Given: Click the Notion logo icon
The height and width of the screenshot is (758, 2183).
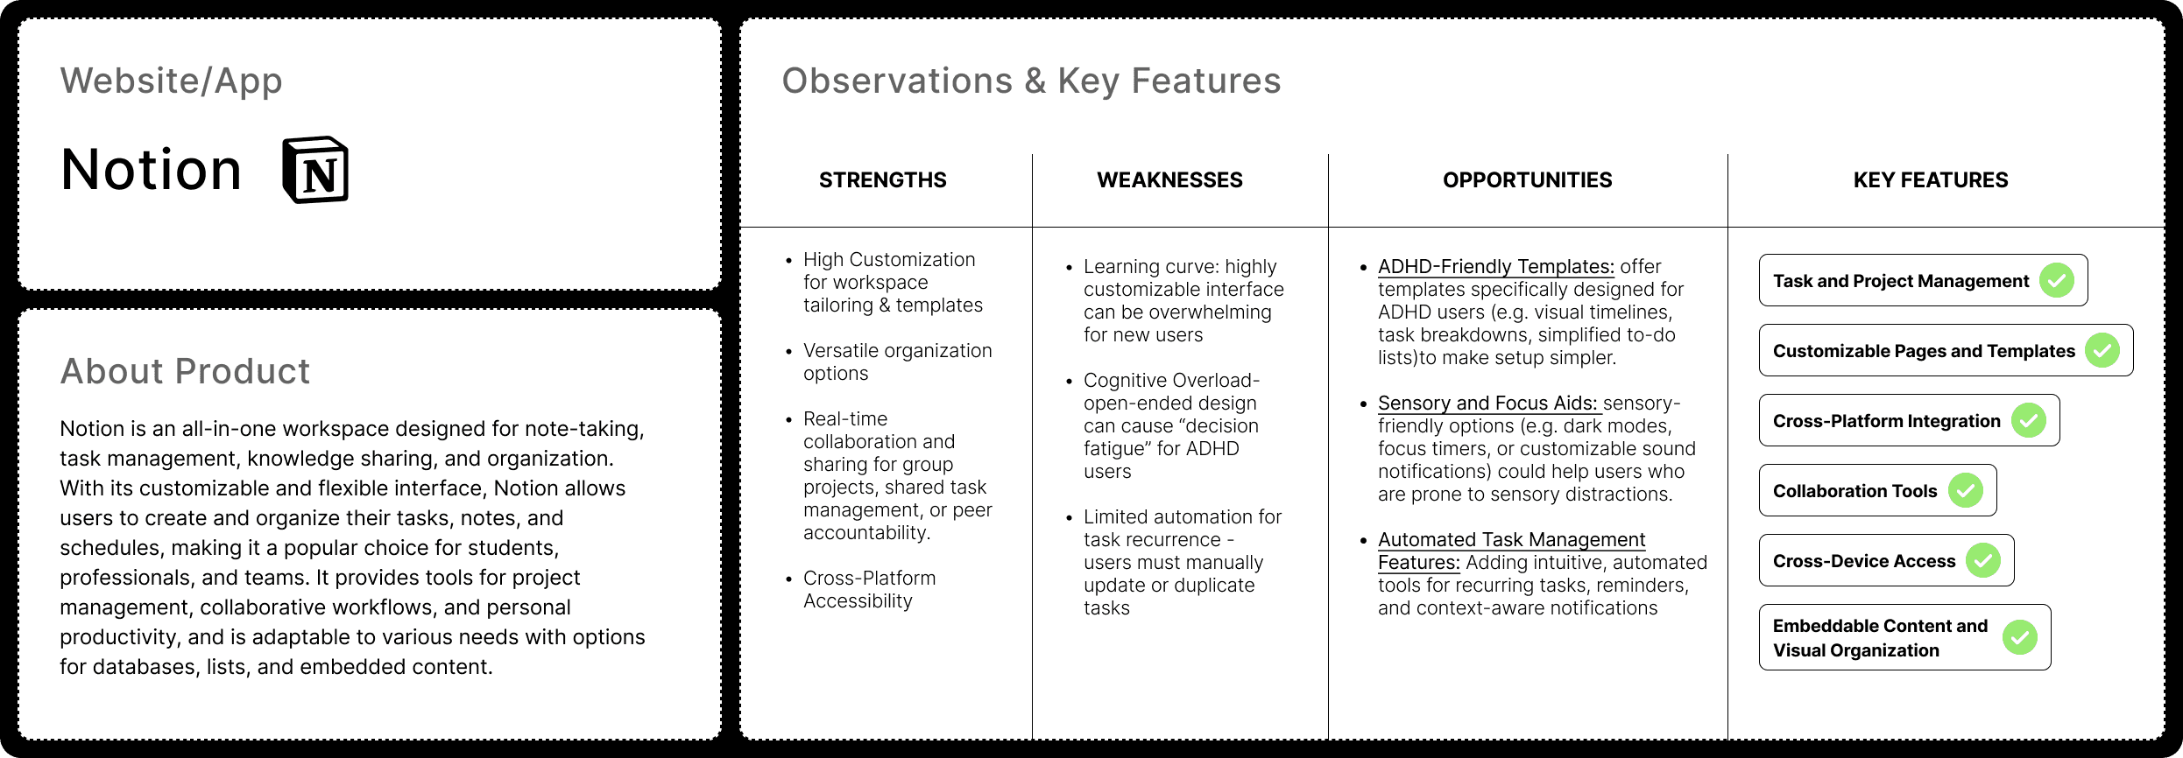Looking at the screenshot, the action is pos(315,170).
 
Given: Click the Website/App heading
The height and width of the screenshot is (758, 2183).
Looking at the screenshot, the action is pos(172,81).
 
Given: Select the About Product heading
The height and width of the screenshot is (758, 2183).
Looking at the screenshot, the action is pos(185,371).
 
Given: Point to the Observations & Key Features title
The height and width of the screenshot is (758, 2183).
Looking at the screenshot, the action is pos(1031,81).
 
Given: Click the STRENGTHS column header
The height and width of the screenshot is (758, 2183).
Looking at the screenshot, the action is pos(882,180).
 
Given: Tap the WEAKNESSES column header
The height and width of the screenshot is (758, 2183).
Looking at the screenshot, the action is pos(1169,180).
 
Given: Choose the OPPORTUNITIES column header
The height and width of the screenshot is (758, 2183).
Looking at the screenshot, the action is pos(1527,180).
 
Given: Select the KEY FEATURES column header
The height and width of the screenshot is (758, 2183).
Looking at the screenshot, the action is pos(1931,180).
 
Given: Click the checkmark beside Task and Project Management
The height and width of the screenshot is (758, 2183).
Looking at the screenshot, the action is pos(2057,280).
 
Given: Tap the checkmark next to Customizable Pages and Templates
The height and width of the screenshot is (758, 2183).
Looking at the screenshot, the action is pos(2102,350).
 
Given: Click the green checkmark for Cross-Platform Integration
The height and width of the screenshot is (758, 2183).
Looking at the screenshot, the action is pos(2029,420).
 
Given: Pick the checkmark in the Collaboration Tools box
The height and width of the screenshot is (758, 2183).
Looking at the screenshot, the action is pos(1966,490).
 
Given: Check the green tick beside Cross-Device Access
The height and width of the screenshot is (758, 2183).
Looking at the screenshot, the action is pos(1983,560).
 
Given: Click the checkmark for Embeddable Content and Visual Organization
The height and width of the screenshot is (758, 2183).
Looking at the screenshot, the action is pos(2020,637).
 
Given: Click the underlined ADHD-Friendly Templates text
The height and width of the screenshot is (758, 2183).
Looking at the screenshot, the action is pos(1496,267).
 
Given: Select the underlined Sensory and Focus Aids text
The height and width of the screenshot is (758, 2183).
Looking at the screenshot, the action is pos(1488,404).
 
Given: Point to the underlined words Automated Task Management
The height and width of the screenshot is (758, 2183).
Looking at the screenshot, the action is pos(1512,540).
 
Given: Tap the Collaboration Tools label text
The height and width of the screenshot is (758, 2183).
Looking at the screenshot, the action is pos(1854,491).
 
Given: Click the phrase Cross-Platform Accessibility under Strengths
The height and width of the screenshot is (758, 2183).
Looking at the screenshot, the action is pos(869,589).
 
